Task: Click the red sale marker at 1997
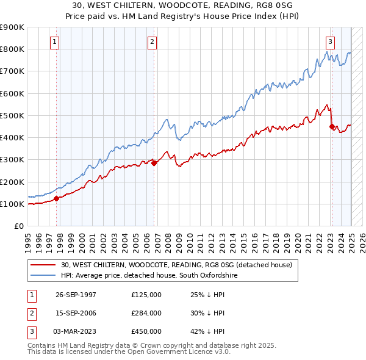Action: coord(56,198)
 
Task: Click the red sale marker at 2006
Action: coord(154,162)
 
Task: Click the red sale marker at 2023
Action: coord(332,127)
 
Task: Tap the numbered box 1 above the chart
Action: coord(55,42)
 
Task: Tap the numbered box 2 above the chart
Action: coord(152,42)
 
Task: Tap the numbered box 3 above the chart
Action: coord(330,42)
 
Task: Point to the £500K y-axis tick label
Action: coord(12,115)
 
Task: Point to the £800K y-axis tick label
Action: coord(12,49)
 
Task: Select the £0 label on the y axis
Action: coord(18,226)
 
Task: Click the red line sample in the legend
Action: coord(43,265)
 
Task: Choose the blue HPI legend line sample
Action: coord(43,275)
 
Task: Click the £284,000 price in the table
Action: coord(146,313)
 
